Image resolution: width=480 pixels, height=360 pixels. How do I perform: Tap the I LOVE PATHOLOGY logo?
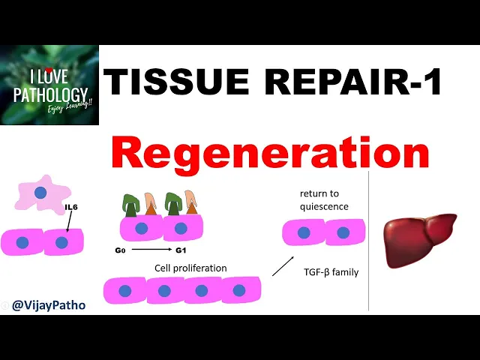coord(49,85)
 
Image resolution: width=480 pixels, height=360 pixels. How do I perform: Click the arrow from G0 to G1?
coord(153,248)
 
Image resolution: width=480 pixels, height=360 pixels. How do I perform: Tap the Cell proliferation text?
coord(190,268)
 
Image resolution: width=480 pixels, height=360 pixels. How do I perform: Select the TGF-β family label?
coord(331,272)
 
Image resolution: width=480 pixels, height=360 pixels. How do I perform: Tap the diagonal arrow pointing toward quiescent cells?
coord(283,265)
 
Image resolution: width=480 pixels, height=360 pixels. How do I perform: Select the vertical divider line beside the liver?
coord(369,240)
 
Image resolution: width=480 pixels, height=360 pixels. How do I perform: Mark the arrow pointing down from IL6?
coord(67,222)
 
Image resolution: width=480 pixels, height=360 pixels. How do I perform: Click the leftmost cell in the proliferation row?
coord(124,290)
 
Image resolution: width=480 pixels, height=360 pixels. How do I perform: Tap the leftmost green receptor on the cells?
coord(132,205)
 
